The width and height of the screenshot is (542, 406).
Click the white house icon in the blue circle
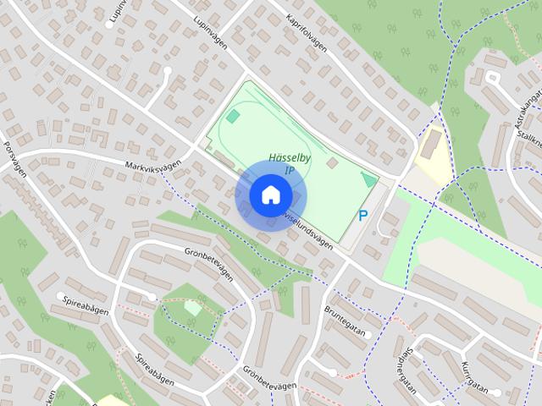pos(269,195)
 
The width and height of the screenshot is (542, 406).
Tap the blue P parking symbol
pos(363,217)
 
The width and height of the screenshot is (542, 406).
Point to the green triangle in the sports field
pos(368,179)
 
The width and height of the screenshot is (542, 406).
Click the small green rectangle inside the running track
pos(233,115)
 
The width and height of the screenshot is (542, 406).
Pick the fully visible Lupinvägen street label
pos(211,34)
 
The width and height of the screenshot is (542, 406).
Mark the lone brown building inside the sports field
pos(332,162)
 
